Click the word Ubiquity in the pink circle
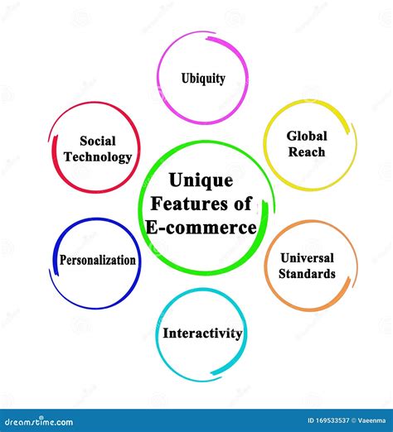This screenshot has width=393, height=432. pyautogui.click(x=203, y=79)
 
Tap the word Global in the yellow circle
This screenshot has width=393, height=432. pyautogui.click(x=307, y=136)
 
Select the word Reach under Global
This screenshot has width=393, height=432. pyautogui.click(x=307, y=151)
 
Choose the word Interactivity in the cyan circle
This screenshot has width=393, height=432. pyautogui.click(x=202, y=334)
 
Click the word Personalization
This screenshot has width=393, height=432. pyautogui.click(x=97, y=260)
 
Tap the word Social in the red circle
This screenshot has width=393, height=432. pyautogui.click(x=97, y=141)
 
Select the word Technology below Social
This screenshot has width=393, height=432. pyautogui.click(x=97, y=156)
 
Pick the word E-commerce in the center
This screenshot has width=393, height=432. pyautogui.click(x=201, y=228)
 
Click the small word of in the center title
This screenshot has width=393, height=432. pyautogui.click(x=243, y=204)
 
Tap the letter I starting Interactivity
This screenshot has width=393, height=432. pyautogui.click(x=165, y=334)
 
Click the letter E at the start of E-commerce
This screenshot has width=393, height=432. pyautogui.click(x=151, y=228)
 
